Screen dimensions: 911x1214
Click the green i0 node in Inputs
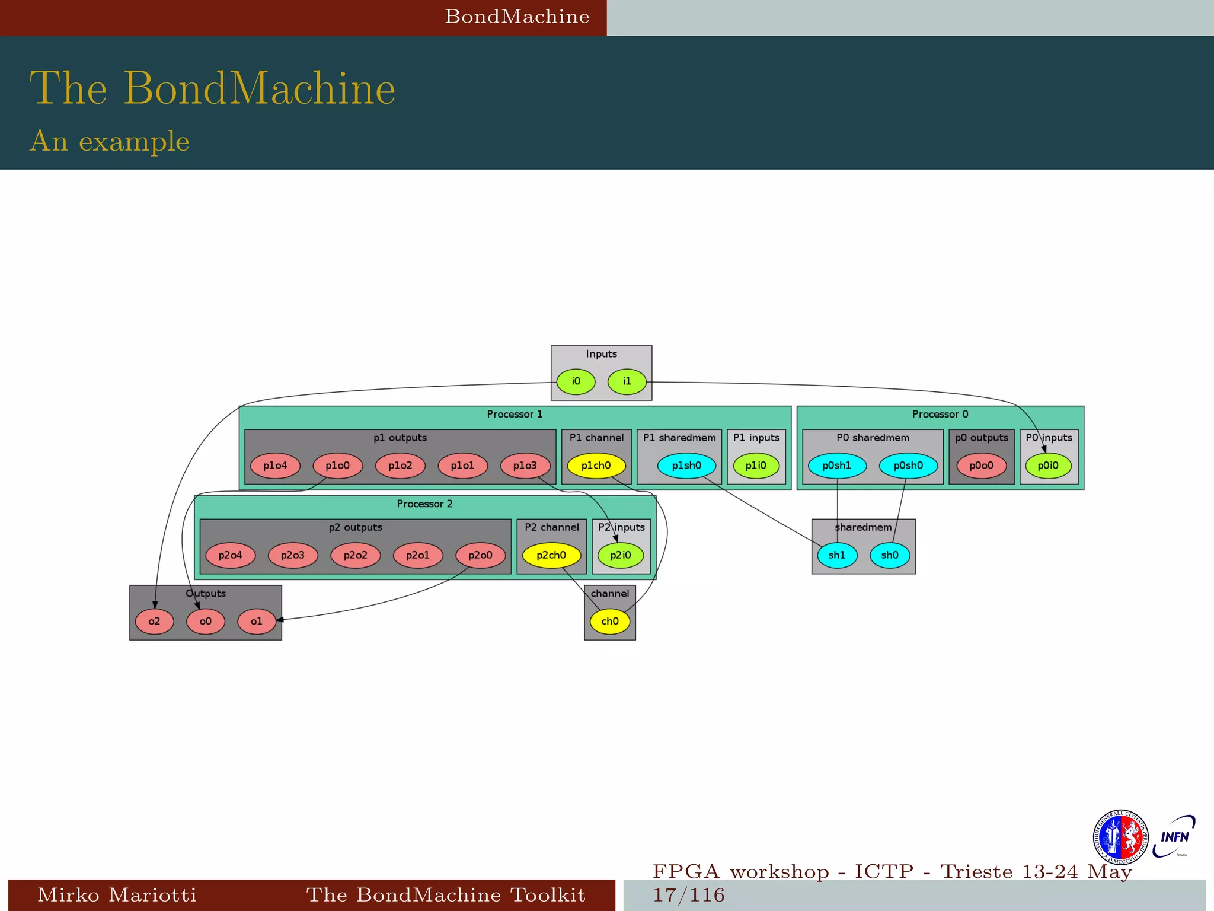(x=576, y=381)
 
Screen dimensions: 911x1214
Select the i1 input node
(x=627, y=381)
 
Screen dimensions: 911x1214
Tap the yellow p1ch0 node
(x=596, y=466)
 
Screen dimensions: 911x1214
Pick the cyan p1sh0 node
(x=686, y=466)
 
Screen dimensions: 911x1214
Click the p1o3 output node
(x=525, y=466)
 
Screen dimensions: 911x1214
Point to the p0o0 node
(x=981, y=466)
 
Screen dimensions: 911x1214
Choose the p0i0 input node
(x=1048, y=466)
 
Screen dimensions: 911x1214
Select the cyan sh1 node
(x=837, y=555)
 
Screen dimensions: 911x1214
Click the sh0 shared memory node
(x=890, y=555)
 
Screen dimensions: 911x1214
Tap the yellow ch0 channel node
(x=610, y=621)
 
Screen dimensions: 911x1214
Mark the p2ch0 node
(x=551, y=555)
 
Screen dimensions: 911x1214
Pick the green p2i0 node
(x=621, y=555)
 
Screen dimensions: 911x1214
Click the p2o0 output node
(x=480, y=555)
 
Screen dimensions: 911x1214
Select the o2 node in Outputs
(x=154, y=621)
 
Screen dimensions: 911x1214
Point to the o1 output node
(x=256, y=621)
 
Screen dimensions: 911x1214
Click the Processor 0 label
(x=940, y=414)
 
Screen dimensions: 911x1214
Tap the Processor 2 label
(x=424, y=504)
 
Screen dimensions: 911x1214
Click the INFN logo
(x=1174, y=836)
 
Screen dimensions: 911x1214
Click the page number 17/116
(x=689, y=894)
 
